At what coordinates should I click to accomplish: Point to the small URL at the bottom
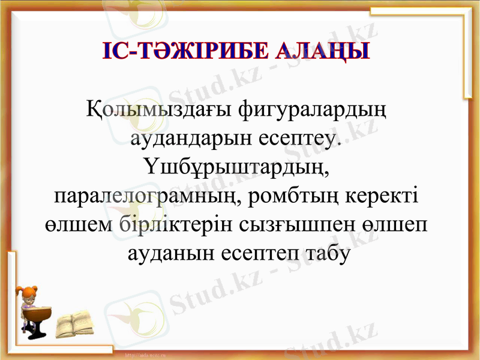144,356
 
